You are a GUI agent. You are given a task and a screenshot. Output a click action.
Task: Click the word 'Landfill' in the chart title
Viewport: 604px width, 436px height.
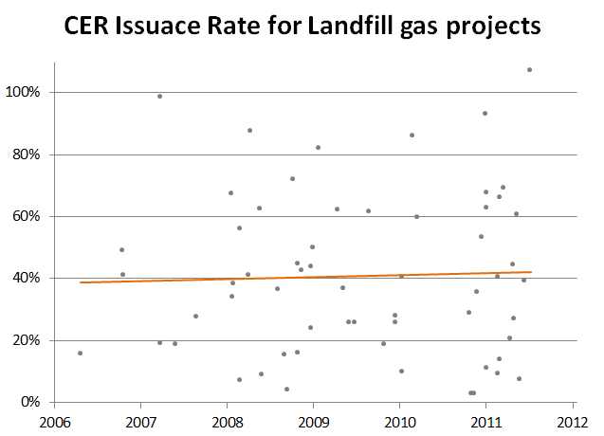tap(350, 26)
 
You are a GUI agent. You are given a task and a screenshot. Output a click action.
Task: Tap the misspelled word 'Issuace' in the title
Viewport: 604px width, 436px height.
tap(157, 26)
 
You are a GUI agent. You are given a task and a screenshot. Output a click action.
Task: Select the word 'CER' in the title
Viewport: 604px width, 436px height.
tap(86, 26)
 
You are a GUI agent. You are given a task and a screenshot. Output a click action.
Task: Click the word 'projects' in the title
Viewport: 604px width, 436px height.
tap(493, 27)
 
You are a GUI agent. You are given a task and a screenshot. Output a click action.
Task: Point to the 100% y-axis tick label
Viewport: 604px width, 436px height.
tap(23, 92)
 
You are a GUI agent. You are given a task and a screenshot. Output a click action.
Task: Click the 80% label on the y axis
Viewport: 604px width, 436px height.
tap(27, 154)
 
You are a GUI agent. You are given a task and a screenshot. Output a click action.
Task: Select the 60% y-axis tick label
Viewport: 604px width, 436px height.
tap(27, 216)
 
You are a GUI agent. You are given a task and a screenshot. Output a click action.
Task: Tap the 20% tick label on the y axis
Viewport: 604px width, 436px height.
tap(27, 340)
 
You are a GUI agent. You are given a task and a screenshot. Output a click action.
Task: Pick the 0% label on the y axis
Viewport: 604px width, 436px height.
tap(30, 402)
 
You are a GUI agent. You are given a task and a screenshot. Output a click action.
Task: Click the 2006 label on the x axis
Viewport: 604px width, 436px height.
tap(55, 423)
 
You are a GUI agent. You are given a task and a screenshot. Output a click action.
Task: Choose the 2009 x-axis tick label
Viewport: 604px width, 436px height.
tap(314, 423)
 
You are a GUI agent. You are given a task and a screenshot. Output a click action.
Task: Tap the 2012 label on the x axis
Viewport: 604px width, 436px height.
tap(573, 423)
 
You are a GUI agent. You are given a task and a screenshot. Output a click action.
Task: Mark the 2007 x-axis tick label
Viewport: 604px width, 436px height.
tap(141, 423)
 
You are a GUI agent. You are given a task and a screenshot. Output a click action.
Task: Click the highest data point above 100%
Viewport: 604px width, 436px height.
tap(530, 70)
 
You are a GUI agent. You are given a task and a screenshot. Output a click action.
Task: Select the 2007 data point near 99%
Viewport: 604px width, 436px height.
tap(160, 97)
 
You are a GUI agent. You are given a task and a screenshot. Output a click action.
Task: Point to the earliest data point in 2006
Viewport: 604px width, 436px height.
tap(80, 354)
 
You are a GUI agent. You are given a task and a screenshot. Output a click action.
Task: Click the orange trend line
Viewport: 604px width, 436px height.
tap(306, 278)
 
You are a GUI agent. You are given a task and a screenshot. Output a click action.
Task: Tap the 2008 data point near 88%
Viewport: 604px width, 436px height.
tap(249, 131)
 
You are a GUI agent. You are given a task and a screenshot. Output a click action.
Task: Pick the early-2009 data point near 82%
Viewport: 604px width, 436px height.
tap(319, 148)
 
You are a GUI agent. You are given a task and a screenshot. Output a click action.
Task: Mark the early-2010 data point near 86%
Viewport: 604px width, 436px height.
tap(412, 136)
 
